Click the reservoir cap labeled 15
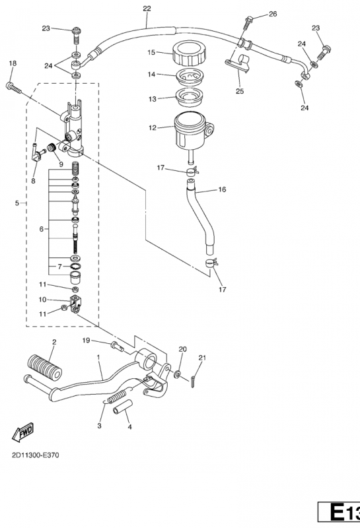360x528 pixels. click(188, 53)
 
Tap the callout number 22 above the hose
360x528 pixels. click(147, 9)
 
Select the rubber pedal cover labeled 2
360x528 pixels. click(44, 366)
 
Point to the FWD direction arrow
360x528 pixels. click(23, 432)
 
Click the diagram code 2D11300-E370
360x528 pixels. click(36, 455)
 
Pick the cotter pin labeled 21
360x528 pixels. click(192, 381)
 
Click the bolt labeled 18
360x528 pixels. click(14, 88)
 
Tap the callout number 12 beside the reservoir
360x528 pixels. click(153, 128)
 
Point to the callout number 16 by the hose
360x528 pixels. click(222, 189)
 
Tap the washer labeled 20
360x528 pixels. click(177, 374)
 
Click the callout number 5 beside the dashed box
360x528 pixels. click(17, 203)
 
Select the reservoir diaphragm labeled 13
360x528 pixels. click(188, 98)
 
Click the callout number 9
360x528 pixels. click(61, 164)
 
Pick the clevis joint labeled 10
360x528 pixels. click(76, 304)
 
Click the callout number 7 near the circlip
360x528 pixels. click(59, 267)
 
